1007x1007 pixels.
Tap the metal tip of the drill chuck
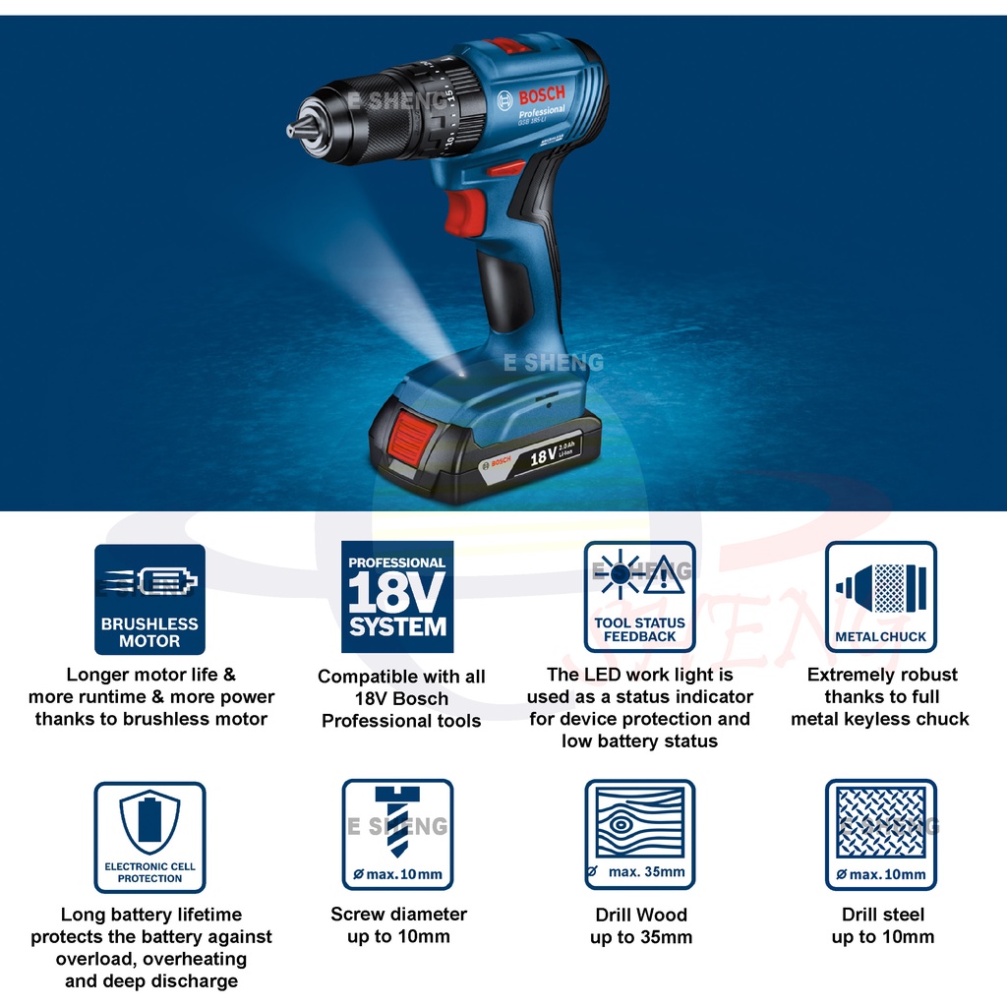(293, 129)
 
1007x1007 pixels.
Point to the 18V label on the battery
(543, 455)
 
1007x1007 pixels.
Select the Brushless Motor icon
(149, 599)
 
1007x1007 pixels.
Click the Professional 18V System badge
(397, 597)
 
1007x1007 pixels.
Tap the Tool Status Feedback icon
(639, 597)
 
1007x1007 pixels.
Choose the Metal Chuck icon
(880, 597)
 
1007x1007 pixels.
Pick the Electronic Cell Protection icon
(149, 837)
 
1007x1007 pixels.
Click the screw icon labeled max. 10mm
(397, 835)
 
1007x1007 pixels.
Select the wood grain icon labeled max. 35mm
(639, 835)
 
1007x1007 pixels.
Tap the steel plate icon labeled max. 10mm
(880, 835)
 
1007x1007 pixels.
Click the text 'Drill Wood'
(641, 916)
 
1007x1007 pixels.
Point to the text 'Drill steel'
(883, 916)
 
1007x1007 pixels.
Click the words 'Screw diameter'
(398, 915)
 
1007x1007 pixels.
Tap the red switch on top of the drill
(510, 46)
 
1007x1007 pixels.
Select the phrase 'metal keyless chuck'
(880, 719)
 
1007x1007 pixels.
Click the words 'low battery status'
(639, 740)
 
